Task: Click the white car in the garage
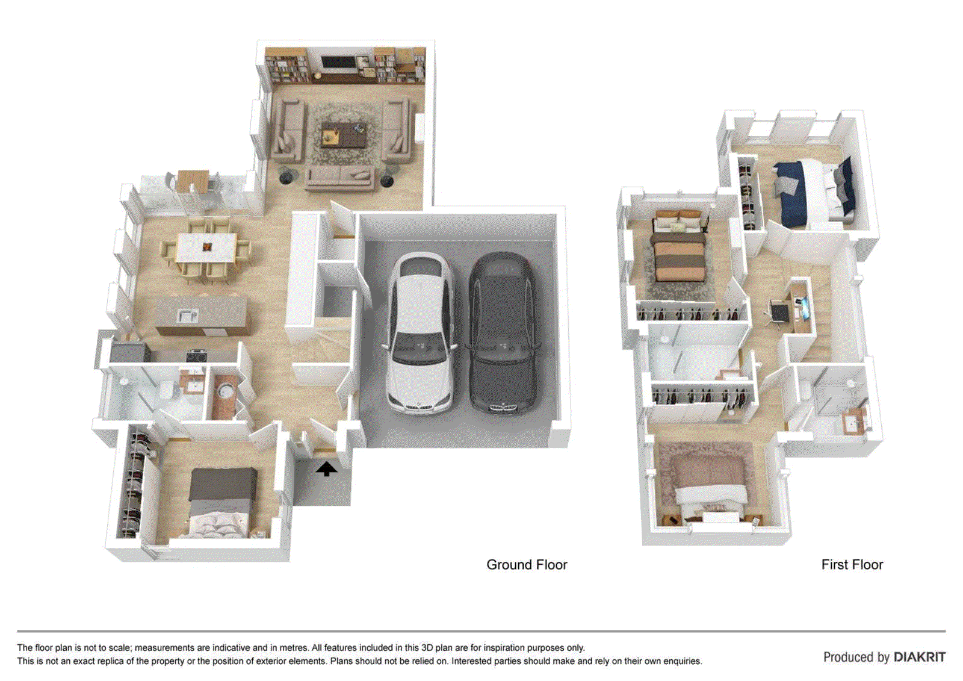pyautogui.click(x=419, y=334)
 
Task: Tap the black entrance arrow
pyautogui.click(x=327, y=469)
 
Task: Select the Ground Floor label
pyautogui.click(x=527, y=564)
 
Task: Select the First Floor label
pyautogui.click(x=852, y=564)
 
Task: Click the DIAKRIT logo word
pyautogui.click(x=920, y=657)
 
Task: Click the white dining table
pyautogui.click(x=206, y=247)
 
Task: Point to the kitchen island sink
pyautogui.click(x=188, y=316)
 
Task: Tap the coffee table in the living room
pyautogui.click(x=344, y=133)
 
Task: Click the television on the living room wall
pyautogui.click(x=338, y=63)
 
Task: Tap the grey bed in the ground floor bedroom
pyautogui.click(x=221, y=501)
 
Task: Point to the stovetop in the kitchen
pyautogui.click(x=197, y=356)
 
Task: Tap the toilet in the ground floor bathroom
pyautogui.click(x=166, y=390)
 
